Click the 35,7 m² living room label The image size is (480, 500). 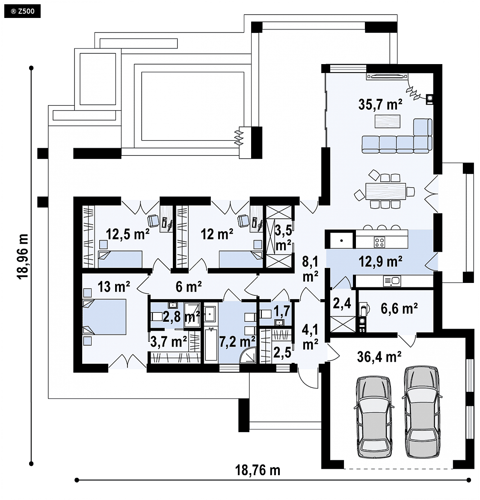380,104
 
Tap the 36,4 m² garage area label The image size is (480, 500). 379,357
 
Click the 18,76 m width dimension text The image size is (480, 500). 258,470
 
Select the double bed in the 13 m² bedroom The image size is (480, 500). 104,317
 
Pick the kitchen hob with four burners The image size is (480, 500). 379,241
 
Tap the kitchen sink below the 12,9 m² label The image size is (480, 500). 392,281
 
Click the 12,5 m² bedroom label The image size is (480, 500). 127,234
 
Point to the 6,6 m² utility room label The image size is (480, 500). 399,309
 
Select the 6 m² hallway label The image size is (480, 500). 189,287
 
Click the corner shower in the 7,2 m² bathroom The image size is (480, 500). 248,355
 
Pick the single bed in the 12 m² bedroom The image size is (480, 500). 240,259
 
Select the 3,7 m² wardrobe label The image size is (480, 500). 169,342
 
